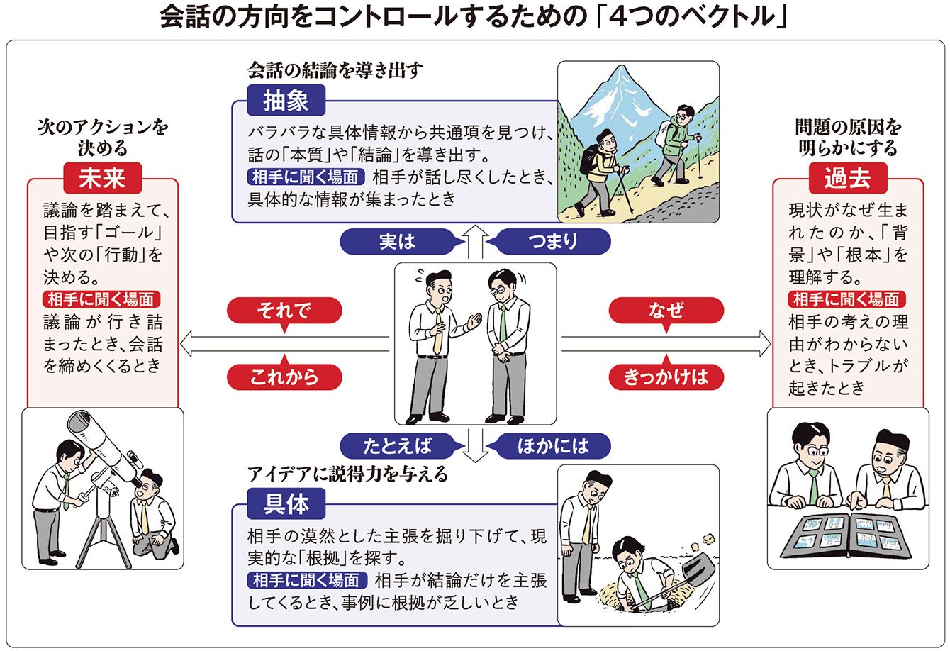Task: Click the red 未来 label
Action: tap(103, 179)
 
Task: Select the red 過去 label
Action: tap(847, 179)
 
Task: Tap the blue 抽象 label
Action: tap(286, 101)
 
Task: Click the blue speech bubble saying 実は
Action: tap(397, 242)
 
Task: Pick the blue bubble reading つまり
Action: tap(553, 242)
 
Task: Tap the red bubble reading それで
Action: tap(284, 311)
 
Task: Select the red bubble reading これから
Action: tap(284, 377)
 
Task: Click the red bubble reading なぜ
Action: tap(666, 311)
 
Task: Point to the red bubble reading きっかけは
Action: tap(666, 377)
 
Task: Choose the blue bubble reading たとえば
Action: tap(397, 445)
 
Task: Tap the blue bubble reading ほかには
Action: tap(553, 445)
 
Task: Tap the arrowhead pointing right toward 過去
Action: tap(763, 345)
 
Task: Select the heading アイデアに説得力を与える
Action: tap(347, 474)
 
